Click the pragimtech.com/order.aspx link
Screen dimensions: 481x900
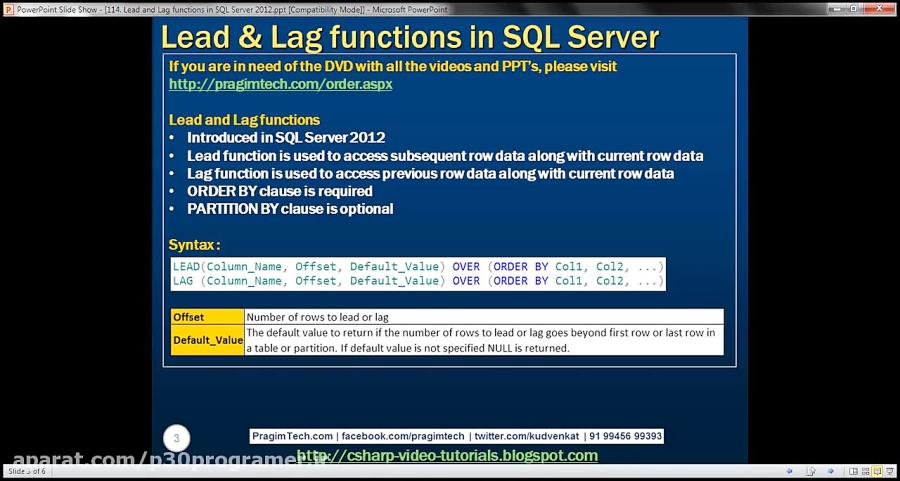coord(280,84)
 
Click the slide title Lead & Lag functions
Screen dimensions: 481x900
coord(410,37)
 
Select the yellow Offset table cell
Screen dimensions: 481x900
coord(189,317)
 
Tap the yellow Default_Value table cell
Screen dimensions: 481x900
coord(208,340)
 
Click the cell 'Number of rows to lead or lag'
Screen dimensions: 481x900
coord(318,317)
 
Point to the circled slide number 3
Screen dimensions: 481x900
coord(176,438)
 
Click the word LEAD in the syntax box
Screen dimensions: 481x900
coord(186,266)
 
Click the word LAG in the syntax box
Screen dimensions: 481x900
coord(183,281)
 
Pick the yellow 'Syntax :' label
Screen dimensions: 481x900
coord(194,245)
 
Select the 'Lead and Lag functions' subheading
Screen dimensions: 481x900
coord(244,120)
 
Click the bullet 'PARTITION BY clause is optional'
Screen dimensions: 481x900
coord(290,209)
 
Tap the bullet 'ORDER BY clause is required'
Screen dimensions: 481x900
coord(279,191)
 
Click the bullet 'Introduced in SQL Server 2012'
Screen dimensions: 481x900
coord(286,138)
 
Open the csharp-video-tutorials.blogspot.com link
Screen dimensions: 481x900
coord(447,456)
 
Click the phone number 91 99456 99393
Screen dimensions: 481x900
coord(627,436)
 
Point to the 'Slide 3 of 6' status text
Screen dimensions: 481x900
coord(27,471)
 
